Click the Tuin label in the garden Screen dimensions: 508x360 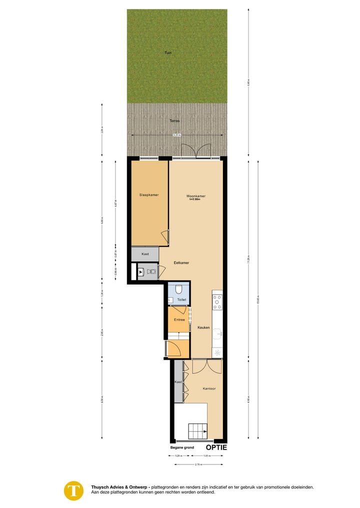pyautogui.click(x=168, y=52)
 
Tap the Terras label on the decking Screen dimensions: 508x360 pyautogui.click(x=174, y=120)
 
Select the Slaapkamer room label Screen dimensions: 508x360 pyautogui.click(x=149, y=195)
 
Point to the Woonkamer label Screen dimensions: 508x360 pyautogui.click(x=195, y=196)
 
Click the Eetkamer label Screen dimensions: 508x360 pyautogui.click(x=181, y=262)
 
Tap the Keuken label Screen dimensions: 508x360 pyautogui.click(x=203, y=328)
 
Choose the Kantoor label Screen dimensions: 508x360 pyautogui.click(x=209, y=388)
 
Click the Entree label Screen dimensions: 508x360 pyautogui.click(x=179, y=320)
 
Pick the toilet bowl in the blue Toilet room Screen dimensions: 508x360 pyautogui.click(x=179, y=290)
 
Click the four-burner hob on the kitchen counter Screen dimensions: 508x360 pyautogui.click(x=217, y=302)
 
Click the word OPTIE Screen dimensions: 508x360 pyautogui.click(x=216, y=448)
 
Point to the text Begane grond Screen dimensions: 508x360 pyautogui.click(x=182, y=448)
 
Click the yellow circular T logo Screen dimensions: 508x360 pyautogui.click(x=74, y=490)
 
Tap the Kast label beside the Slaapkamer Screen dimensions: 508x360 pyautogui.click(x=145, y=254)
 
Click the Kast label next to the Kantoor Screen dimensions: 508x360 pyautogui.click(x=178, y=382)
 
